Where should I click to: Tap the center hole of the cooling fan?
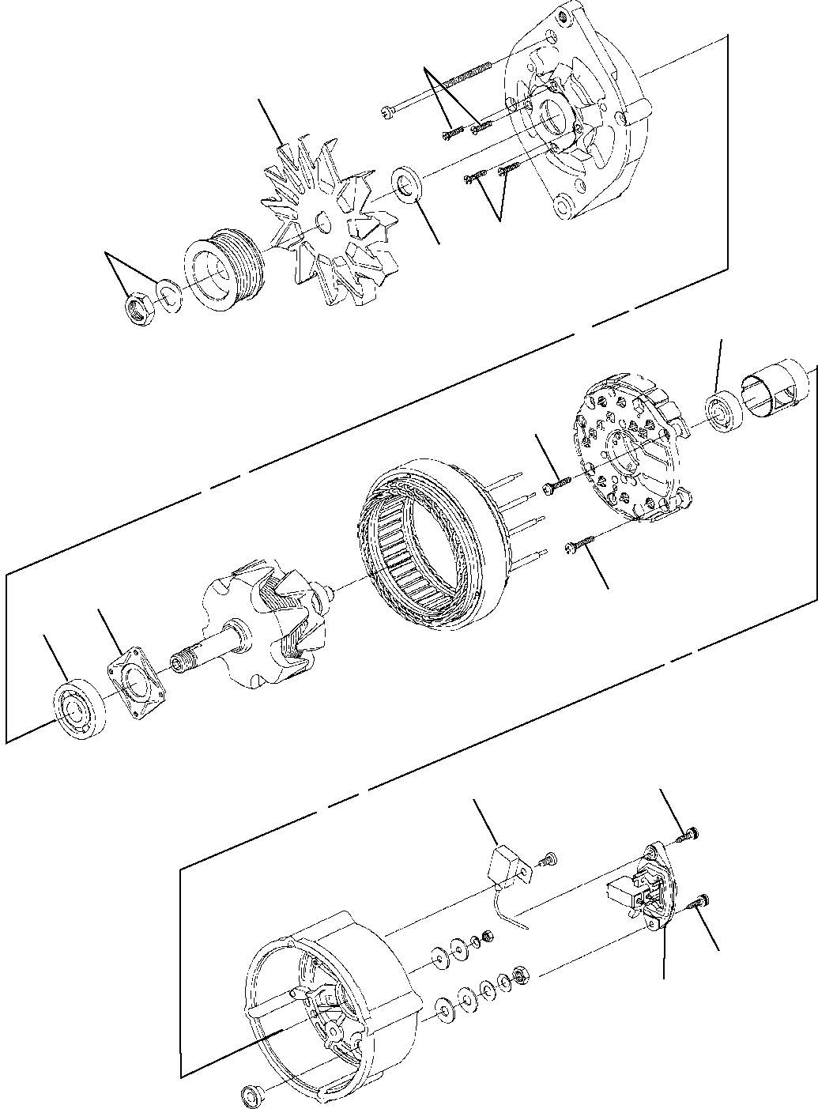(x=322, y=222)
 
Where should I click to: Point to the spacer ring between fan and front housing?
(x=408, y=185)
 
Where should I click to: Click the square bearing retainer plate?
(x=139, y=674)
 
